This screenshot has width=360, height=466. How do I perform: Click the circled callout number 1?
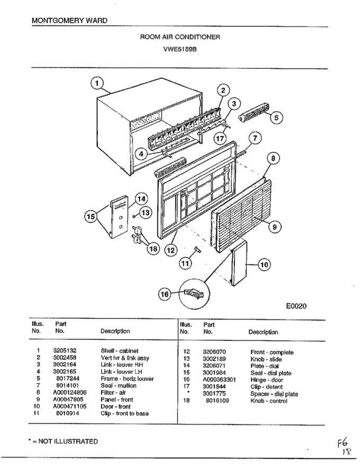[97, 83]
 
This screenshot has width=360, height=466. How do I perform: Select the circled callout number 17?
[221, 138]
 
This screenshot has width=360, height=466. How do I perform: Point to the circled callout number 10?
[264, 265]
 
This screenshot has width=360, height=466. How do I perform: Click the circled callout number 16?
[165, 295]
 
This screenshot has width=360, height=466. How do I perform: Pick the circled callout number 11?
[185, 263]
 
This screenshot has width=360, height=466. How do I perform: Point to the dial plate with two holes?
[118, 217]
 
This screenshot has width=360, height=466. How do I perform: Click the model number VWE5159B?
[179, 49]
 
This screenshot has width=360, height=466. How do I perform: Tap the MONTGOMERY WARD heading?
[70, 21]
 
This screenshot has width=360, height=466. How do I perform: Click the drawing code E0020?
[296, 306]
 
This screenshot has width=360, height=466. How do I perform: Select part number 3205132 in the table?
[64, 351]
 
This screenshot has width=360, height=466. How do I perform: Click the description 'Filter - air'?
[113, 393]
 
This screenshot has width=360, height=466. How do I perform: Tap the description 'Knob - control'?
[269, 401]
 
